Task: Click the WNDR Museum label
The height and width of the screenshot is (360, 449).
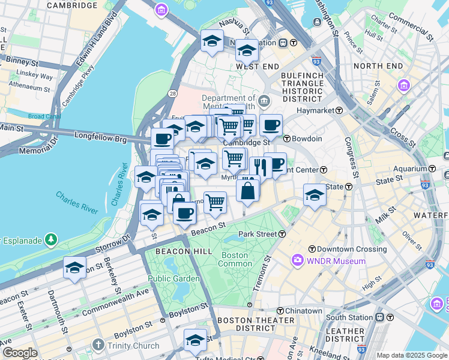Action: pos(336,261)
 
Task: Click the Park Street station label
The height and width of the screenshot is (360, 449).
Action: pos(257,233)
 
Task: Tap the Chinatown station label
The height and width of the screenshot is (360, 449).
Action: pos(303,311)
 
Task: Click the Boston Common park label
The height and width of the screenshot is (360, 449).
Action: pos(235,259)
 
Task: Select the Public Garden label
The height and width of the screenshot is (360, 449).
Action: pos(173,278)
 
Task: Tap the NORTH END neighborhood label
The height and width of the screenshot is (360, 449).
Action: pos(378,65)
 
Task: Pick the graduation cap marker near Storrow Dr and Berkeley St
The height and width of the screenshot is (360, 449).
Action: pos(74,268)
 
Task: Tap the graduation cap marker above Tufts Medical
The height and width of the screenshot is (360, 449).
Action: pos(194,340)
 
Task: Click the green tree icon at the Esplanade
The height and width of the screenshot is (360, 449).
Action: pos(52,241)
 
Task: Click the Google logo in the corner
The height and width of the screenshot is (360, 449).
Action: pos(19,353)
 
